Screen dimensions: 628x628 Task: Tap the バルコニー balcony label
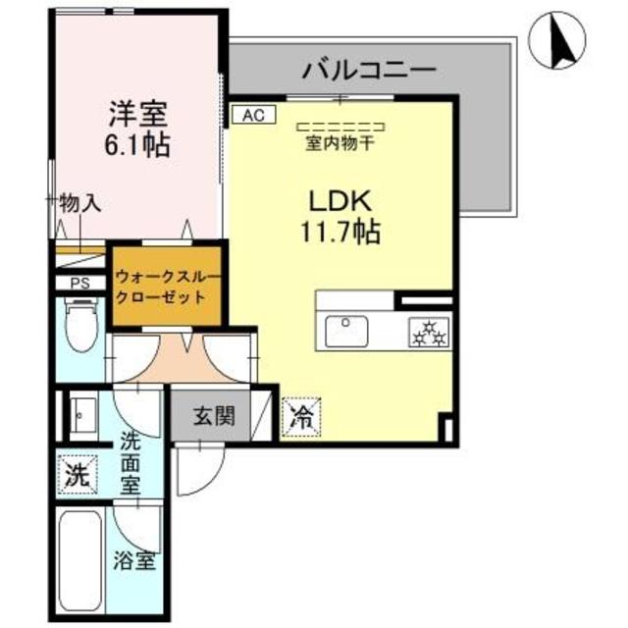click(368, 70)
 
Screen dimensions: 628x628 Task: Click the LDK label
click(339, 201)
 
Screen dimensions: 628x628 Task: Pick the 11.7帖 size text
click(339, 234)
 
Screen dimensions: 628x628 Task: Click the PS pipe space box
click(78, 284)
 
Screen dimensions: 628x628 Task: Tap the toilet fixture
click(79, 325)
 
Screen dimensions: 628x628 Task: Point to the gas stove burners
click(429, 334)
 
